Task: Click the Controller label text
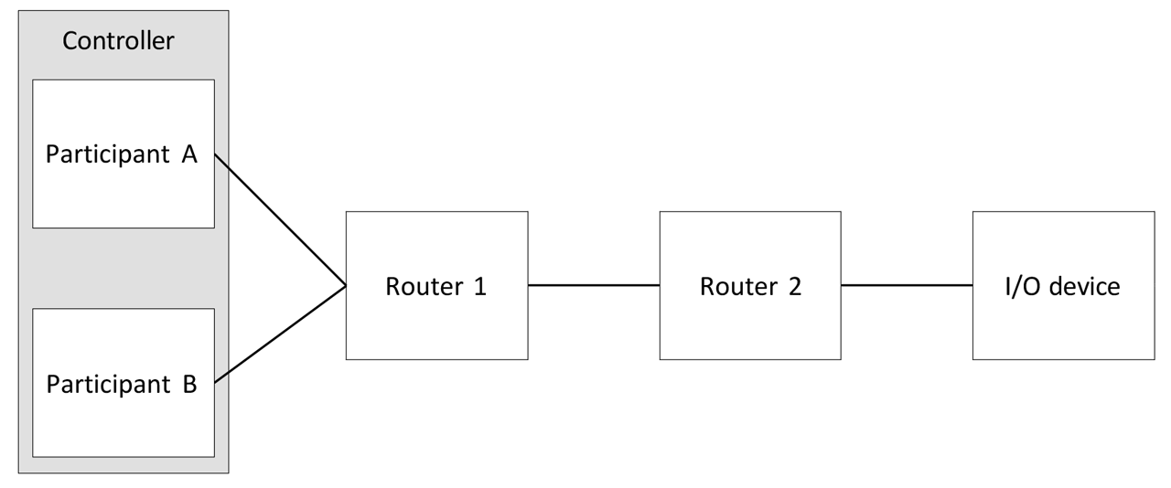(x=117, y=41)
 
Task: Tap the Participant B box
(x=124, y=420)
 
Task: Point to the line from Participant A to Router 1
(x=280, y=220)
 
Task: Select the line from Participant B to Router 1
(x=280, y=333)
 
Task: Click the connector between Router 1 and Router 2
(x=593, y=285)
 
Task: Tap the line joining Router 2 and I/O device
(x=907, y=285)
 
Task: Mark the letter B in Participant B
(x=189, y=384)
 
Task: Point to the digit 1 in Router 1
(x=480, y=286)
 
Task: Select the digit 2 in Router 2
(x=794, y=286)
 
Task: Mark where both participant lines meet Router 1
(x=346, y=286)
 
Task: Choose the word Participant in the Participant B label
(x=108, y=384)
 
